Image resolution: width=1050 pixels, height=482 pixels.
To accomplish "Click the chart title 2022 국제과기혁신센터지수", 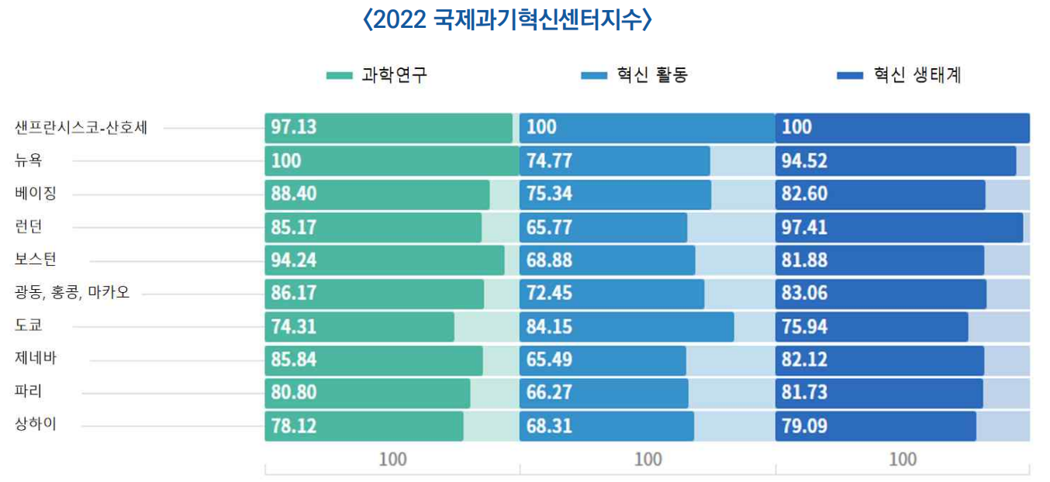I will pyautogui.click(x=508, y=20).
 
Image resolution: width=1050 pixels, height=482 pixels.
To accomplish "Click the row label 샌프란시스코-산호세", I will pyautogui.click(x=81, y=128).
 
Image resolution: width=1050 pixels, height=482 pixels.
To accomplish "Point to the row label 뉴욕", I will pyautogui.click(x=30, y=160).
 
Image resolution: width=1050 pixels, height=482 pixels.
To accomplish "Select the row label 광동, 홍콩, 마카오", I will pyautogui.click(x=72, y=292).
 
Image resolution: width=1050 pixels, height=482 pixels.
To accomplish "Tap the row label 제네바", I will pyautogui.click(x=36, y=359).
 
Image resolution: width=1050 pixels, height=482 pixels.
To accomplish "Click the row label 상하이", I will pyautogui.click(x=36, y=425).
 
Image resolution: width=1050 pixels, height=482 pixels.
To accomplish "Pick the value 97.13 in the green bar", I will pyautogui.click(x=294, y=128).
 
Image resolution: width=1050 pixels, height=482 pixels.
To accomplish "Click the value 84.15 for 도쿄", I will pyautogui.click(x=549, y=326).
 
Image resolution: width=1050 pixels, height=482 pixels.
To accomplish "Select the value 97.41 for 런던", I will pyautogui.click(x=804, y=227).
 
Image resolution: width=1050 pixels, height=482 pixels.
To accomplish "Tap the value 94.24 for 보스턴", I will pyautogui.click(x=294, y=260).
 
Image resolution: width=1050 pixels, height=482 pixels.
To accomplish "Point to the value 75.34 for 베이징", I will pyautogui.click(x=549, y=194).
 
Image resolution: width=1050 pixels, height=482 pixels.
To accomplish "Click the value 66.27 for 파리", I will pyautogui.click(x=549, y=392).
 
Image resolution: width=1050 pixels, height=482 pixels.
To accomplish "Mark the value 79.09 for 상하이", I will pyautogui.click(x=804, y=425).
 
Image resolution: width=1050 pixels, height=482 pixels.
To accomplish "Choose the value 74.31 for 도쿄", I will pyautogui.click(x=294, y=326).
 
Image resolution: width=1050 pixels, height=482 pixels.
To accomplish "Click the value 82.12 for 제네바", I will pyautogui.click(x=804, y=360).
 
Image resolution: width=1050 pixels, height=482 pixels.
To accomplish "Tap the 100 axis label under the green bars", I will pyautogui.click(x=392, y=460).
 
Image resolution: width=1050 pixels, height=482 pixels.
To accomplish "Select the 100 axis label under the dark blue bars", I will pyautogui.click(x=903, y=460).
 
